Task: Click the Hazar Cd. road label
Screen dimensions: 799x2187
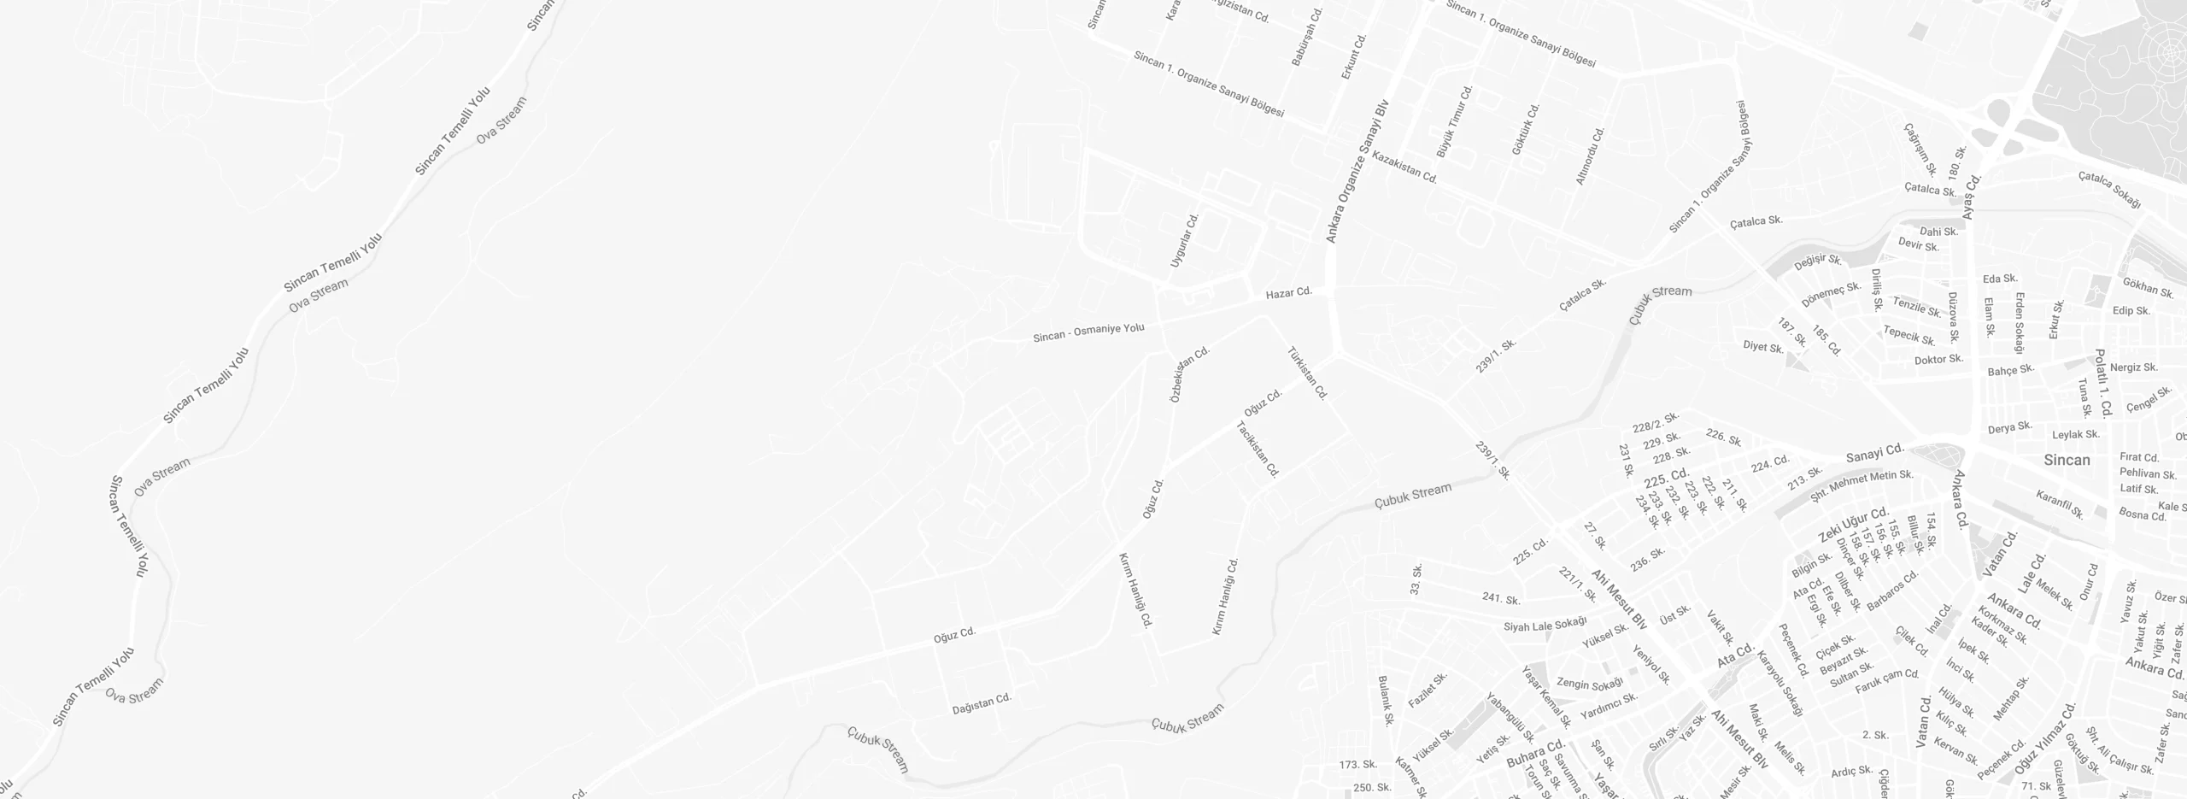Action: pyautogui.click(x=1288, y=292)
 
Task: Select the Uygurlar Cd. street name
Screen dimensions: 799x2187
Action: pyautogui.click(x=1185, y=240)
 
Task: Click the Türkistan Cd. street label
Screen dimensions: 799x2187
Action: pyautogui.click(x=1308, y=373)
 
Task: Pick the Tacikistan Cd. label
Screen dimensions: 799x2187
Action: pyautogui.click(x=1258, y=449)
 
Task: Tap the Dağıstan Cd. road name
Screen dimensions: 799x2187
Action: pyautogui.click(x=982, y=704)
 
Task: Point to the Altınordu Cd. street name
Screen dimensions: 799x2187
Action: pyautogui.click(x=1591, y=156)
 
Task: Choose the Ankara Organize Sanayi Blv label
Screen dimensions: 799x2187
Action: pyautogui.click(x=1357, y=172)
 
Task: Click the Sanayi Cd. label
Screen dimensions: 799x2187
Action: pyautogui.click(x=1875, y=453)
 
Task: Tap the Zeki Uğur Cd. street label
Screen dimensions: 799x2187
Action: pyautogui.click(x=1853, y=524)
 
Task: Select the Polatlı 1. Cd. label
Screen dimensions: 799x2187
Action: pyautogui.click(x=2103, y=382)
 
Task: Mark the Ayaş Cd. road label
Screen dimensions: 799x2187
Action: pyautogui.click(x=1972, y=197)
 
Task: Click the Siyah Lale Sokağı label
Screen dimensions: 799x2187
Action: pyautogui.click(x=1545, y=625)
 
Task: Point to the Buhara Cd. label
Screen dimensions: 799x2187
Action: pyautogui.click(x=1534, y=754)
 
